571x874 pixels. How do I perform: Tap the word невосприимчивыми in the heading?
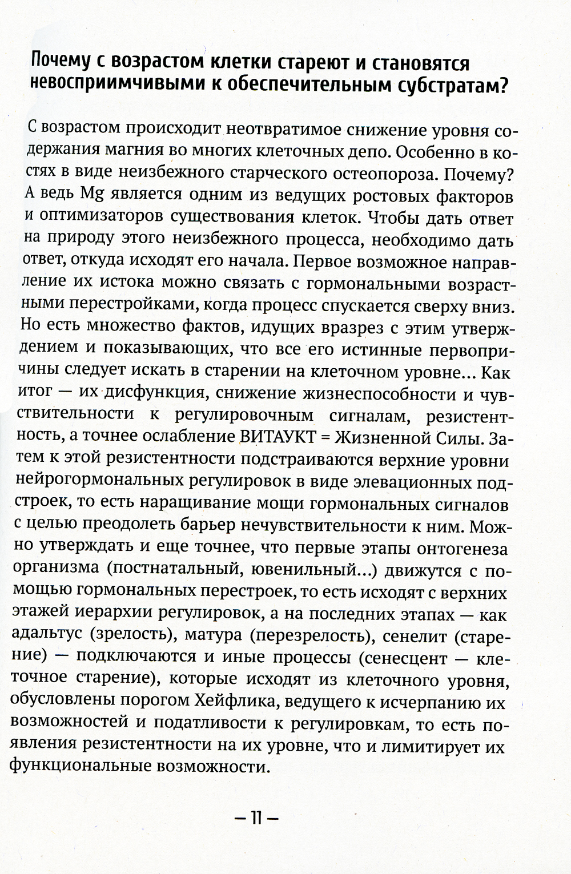click(114, 85)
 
